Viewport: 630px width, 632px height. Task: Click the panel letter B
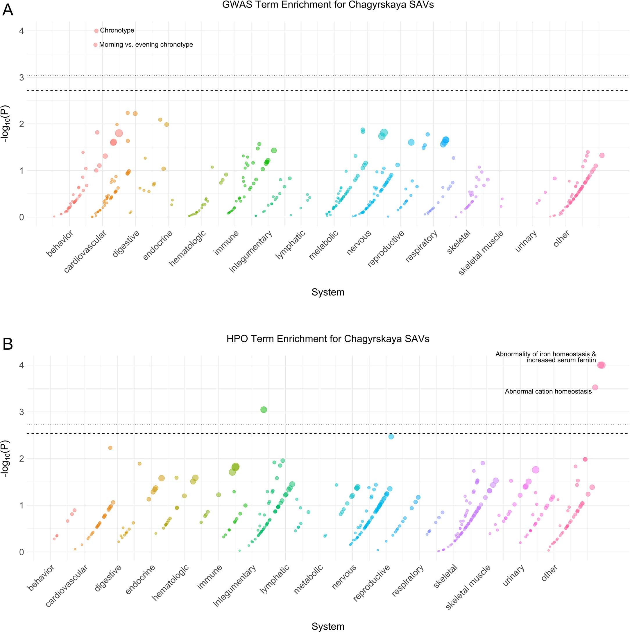coord(8,344)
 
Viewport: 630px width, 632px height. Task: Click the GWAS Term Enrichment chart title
coord(327,5)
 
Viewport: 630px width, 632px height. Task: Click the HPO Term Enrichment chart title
coord(327,339)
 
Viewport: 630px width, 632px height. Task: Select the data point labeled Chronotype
coord(96,31)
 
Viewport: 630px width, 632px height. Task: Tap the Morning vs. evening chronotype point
coord(96,45)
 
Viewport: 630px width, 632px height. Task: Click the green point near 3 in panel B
coord(264,410)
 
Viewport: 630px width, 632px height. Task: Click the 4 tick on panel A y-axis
coord(22,31)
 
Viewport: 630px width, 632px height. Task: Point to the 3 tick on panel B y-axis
coord(22,412)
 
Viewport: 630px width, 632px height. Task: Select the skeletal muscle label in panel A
coord(481,253)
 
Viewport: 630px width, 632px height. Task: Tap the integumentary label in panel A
coord(251,251)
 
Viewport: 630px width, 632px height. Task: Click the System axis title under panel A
coord(327,292)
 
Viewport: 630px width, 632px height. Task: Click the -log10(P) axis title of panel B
coord(6,458)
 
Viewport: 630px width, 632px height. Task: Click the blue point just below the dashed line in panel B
coord(391,437)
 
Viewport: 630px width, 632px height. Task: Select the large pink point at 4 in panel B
coord(601,365)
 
